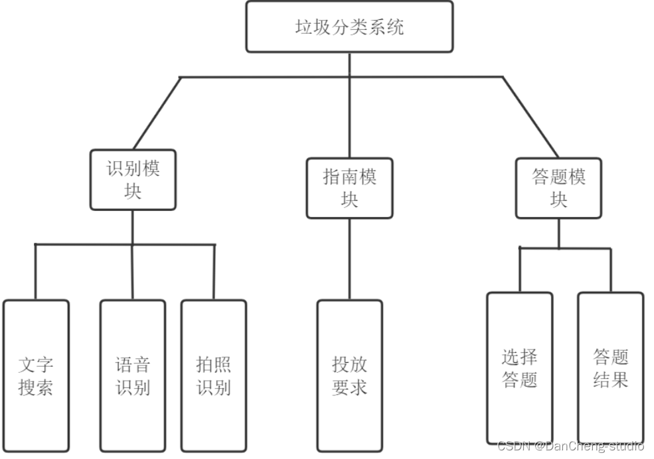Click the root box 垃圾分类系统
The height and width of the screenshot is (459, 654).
pos(349,27)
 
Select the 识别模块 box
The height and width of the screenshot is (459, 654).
pos(133,180)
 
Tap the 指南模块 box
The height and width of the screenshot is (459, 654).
pos(349,188)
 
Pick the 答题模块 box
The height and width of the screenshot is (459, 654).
pos(558,188)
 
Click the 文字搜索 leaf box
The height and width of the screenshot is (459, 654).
pos(36,375)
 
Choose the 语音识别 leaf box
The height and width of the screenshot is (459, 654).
pos(133,375)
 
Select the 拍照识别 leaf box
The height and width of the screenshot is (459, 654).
pos(214,375)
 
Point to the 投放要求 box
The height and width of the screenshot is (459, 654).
pos(349,375)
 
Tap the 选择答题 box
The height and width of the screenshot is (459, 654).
pos(519,368)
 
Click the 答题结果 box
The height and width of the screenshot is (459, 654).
pos(610,368)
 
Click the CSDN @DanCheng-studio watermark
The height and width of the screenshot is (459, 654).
pos(570,446)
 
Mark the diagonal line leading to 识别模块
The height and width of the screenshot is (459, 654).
pos(157,113)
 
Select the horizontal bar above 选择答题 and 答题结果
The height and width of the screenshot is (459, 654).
pos(564,248)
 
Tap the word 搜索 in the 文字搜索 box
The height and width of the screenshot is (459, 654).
pos(36,387)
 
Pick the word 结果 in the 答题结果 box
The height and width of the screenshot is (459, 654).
pos(610,380)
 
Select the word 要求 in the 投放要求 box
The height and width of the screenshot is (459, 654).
pos(349,387)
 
